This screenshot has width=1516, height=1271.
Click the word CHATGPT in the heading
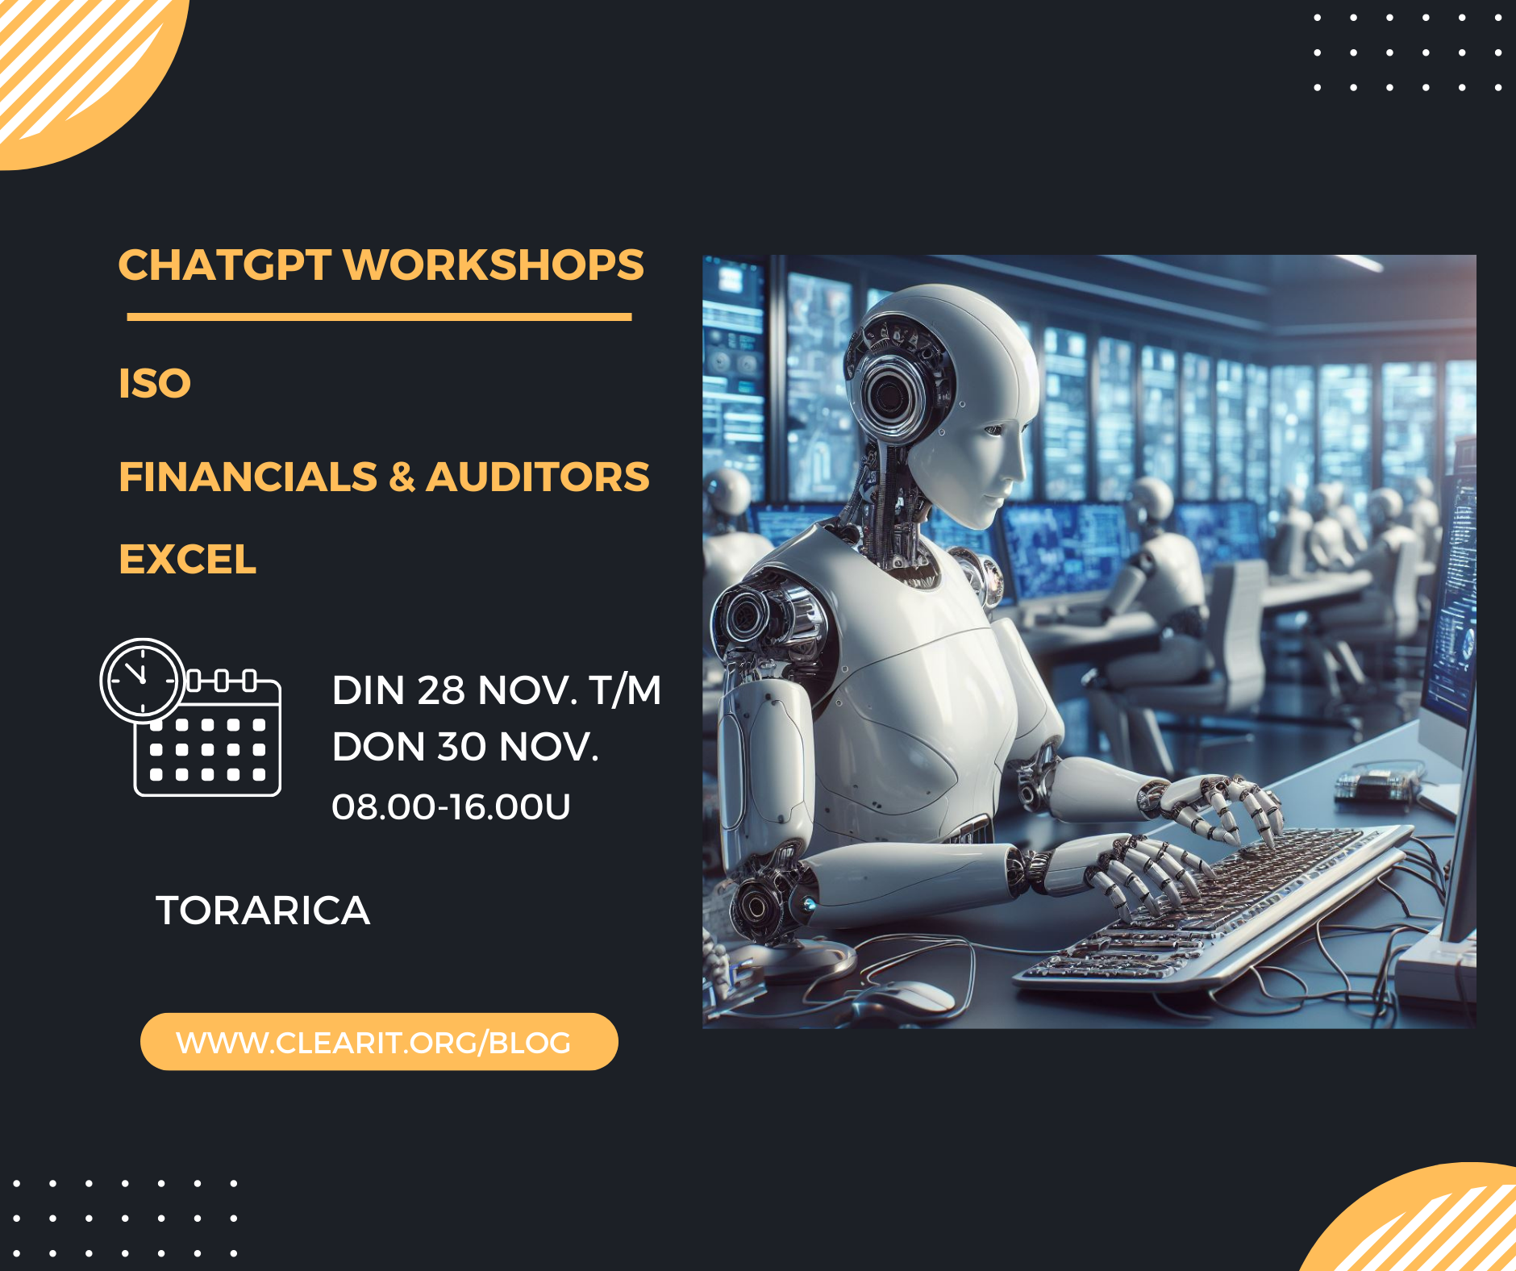(224, 265)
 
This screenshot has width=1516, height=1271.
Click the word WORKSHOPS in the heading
(494, 265)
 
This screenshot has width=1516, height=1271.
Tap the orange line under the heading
(379, 317)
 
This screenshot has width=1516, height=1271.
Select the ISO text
(155, 383)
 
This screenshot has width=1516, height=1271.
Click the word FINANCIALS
(248, 477)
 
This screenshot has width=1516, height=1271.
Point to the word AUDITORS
(537, 477)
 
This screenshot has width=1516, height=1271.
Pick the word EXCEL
(187, 559)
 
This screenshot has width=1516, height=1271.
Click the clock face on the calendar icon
(142, 680)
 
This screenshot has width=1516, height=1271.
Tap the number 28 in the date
(441, 691)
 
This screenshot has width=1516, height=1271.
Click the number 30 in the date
(462, 748)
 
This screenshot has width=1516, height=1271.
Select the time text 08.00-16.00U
(451, 806)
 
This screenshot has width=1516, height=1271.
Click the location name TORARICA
(262, 911)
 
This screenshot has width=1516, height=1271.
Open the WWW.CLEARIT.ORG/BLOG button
(379, 1042)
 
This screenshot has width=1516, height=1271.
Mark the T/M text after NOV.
(625, 691)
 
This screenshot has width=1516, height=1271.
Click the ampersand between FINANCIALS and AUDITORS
(402, 477)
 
